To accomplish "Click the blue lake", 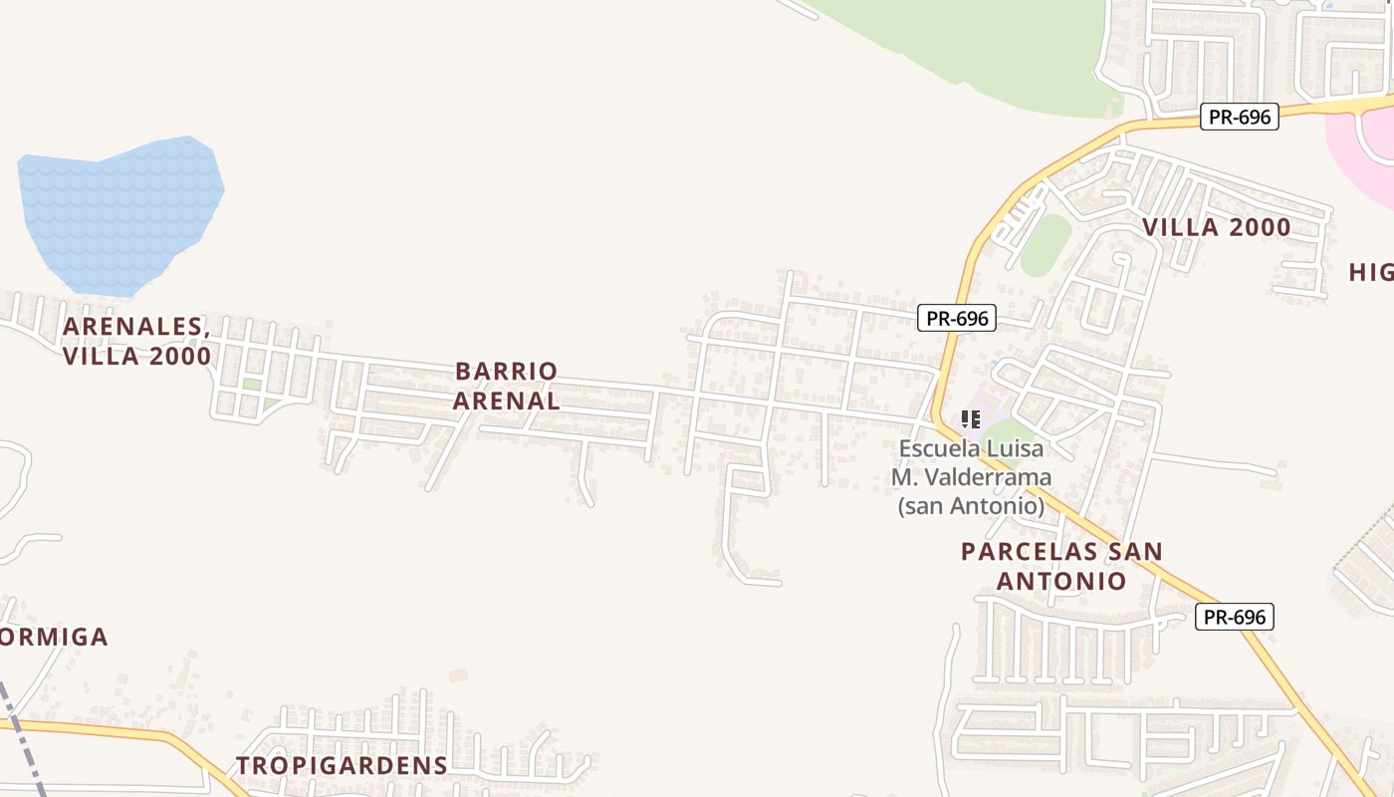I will (x=119, y=214).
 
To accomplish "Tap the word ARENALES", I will (x=133, y=327).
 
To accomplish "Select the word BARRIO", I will (x=507, y=372).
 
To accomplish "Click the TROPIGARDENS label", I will (x=342, y=765).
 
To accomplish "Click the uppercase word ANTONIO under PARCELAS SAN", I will (x=1061, y=581).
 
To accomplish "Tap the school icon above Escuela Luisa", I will (x=971, y=419).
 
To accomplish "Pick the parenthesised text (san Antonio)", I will (x=971, y=506).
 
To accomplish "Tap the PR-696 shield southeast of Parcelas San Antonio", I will (x=1235, y=617).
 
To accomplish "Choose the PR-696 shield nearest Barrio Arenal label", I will (x=957, y=318).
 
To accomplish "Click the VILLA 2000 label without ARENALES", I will (x=1216, y=227).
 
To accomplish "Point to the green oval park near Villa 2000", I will (x=1045, y=244).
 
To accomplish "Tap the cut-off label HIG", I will (x=1371, y=272).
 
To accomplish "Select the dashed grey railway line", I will (x=22, y=737).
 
